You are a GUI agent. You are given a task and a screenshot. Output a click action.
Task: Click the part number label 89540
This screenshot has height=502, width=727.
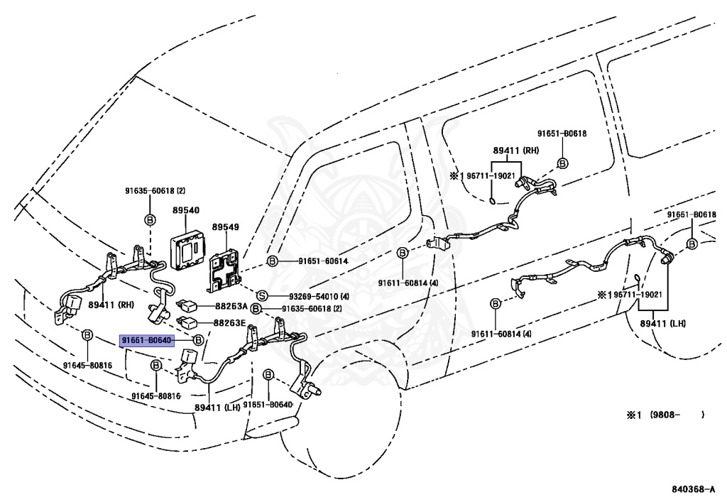pyautogui.click(x=185, y=211)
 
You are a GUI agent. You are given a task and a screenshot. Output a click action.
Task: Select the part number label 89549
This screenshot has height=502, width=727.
pyautogui.click(x=226, y=229)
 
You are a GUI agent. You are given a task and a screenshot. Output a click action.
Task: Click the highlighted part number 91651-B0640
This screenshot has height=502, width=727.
pyautogui.click(x=146, y=341)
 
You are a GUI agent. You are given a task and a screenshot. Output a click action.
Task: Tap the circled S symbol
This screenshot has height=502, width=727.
pyautogui.click(x=261, y=295)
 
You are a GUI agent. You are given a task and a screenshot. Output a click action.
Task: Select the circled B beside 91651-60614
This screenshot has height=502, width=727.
pyautogui.click(x=272, y=261)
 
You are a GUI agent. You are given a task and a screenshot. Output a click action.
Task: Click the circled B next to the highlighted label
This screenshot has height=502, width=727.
pyautogui.click(x=199, y=341)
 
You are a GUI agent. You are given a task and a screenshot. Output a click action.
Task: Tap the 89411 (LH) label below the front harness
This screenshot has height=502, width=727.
pyautogui.click(x=217, y=407)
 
